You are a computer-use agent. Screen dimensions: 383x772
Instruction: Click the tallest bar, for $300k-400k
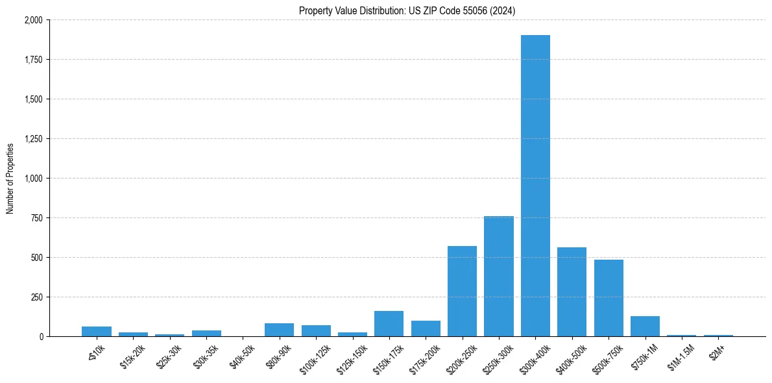click(535, 186)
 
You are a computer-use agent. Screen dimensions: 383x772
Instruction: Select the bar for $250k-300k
click(499, 276)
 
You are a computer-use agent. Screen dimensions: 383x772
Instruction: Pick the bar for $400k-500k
click(572, 291)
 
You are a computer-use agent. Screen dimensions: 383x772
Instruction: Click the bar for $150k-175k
click(389, 323)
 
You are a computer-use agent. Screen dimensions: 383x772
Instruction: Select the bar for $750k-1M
click(645, 327)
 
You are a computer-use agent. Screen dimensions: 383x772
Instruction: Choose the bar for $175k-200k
click(426, 328)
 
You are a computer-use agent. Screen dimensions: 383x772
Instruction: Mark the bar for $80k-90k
click(279, 330)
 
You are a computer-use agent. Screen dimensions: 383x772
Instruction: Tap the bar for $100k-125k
click(316, 330)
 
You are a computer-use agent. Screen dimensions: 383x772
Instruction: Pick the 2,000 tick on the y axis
click(33, 20)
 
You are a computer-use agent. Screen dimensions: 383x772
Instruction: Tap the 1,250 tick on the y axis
click(33, 139)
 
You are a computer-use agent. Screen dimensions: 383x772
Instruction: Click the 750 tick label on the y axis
click(37, 218)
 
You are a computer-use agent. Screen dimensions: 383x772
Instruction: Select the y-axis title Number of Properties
click(10, 179)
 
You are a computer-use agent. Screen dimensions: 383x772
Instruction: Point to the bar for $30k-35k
click(206, 333)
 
